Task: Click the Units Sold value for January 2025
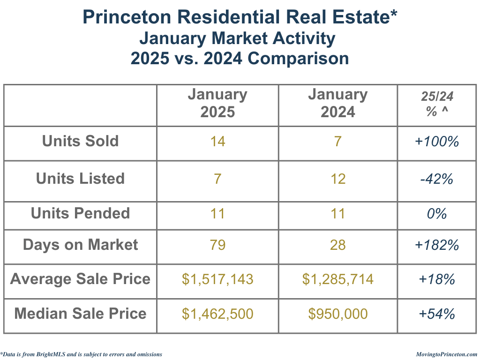[217, 142]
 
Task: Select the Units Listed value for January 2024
[337, 179]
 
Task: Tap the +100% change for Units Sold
[437, 142]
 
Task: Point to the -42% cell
[437, 179]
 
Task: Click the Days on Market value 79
[217, 245]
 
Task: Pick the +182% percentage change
[437, 245]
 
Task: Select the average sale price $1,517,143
[217, 279]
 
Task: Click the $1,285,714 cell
[337, 279]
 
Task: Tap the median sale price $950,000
[337, 314]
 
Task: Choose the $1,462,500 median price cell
[217, 314]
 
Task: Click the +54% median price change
[437, 314]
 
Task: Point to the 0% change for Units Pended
[437, 214]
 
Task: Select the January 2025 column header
[217, 103]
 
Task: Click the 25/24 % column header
[437, 104]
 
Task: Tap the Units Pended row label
[80, 214]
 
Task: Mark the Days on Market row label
[80, 245]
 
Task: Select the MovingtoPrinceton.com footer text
[446, 354]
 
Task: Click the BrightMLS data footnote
[82, 354]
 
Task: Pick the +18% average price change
[437, 279]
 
